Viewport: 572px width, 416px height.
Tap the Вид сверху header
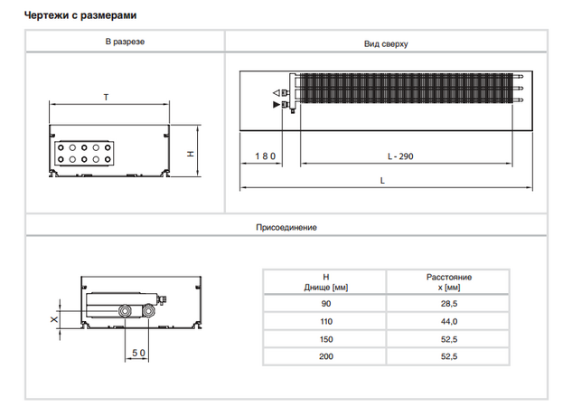coord(388,43)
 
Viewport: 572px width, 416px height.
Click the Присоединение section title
coord(286,226)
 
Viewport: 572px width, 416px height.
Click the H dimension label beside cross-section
coord(191,153)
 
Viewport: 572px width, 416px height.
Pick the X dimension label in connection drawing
coord(53,319)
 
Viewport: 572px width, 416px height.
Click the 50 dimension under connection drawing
coord(138,352)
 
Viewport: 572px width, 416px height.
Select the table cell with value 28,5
coord(448,304)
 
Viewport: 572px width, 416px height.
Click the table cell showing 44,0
coord(448,321)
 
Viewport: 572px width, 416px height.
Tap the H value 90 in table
coord(326,304)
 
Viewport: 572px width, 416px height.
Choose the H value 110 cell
coord(326,321)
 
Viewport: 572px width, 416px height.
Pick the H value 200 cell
coord(326,356)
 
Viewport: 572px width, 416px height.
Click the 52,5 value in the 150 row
coord(448,339)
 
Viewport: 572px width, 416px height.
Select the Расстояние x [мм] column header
coord(448,281)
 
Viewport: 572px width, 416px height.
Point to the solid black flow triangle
coord(276,105)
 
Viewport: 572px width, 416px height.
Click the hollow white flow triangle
coord(276,93)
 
